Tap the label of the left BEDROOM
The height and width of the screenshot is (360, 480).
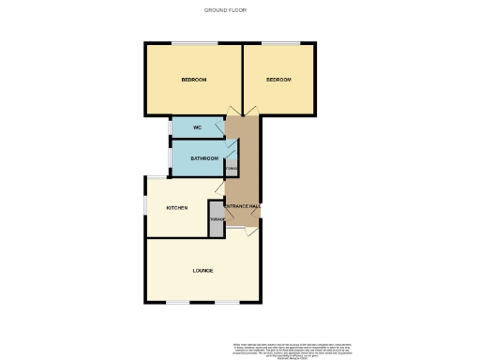tap(193, 80)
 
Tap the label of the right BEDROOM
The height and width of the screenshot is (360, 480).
tap(278, 80)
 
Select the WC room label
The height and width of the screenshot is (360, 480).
tap(198, 127)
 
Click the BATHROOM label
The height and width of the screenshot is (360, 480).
tap(204, 158)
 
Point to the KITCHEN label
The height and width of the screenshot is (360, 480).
tap(177, 207)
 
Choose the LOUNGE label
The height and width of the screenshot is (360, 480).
tap(202, 271)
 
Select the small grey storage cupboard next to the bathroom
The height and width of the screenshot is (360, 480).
tap(232, 170)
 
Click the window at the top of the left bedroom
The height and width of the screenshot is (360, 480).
tap(192, 43)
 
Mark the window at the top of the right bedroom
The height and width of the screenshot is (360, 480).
tap(280, 43)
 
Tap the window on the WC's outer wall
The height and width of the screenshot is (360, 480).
tap(171, 127)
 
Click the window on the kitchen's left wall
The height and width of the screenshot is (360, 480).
tap(145, 202)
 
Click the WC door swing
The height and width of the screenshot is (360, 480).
tap(219, 127)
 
